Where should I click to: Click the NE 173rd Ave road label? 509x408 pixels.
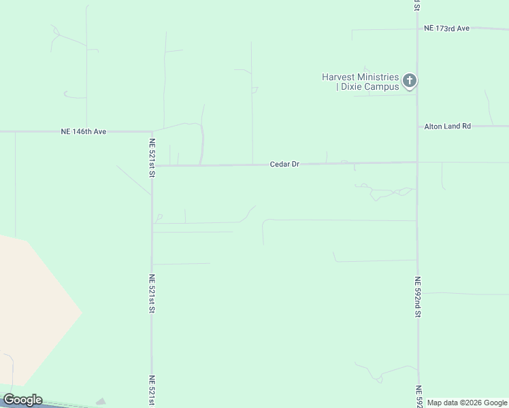click(x=446, y=29)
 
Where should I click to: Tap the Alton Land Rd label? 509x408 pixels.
click(x=447, y=126)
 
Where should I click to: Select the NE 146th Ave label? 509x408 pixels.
click(x=84, y=131)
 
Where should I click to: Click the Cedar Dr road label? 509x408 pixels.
click(x=284, y=165)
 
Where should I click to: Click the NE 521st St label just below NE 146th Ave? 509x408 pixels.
click(x=152, y=158)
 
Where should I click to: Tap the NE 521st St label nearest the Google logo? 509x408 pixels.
click(x=152, y=391)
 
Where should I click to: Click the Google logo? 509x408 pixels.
click(x=22, y=400)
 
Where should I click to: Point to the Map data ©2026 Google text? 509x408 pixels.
click(x=467, y=403)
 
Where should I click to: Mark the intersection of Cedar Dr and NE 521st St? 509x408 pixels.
click(x=152, y=165)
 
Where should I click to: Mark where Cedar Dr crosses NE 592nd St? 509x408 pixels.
click(x=417, y=162)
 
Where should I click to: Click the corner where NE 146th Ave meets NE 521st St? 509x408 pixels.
click(x=152, y=131)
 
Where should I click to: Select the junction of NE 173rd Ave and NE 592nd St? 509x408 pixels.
click(x=417, y=29)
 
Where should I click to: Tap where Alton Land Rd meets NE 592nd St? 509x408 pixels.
click(x=417, y=126)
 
